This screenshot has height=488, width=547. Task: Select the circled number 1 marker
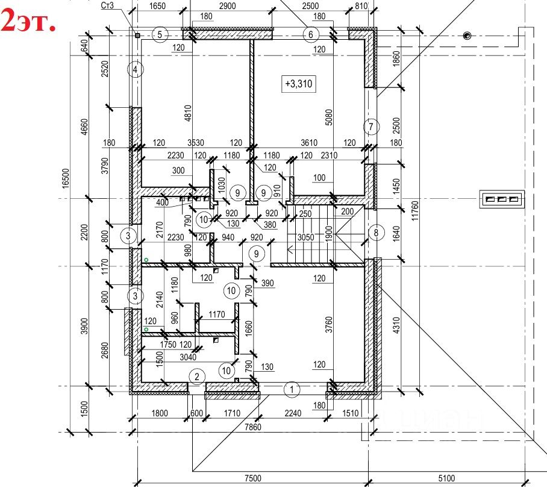[x=292, y=389]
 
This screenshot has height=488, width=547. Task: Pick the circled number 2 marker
[x=196, y=377]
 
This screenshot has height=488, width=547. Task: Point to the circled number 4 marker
[x=136, y=70]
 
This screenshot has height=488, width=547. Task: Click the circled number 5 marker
[x=160, y=34]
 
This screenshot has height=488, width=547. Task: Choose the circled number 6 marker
[x=311, y=34]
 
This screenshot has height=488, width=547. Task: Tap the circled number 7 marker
[x=372, y=127]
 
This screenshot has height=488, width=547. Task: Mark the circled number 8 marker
[x=375, y=233]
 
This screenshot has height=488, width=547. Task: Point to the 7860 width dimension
[x=252, y=427]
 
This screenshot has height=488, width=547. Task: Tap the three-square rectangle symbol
[x=501, y=198]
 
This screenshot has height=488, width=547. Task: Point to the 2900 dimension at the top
[x=228, y=6]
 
